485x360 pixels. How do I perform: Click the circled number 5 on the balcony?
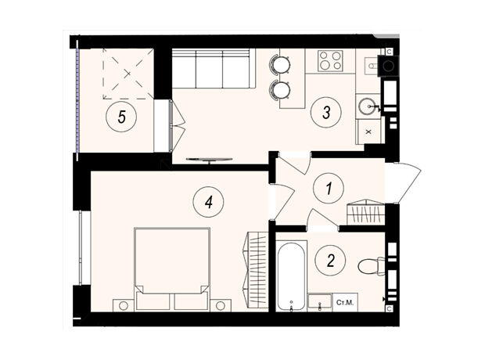tap(121, 117)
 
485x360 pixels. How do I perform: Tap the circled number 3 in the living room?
tap(326, 112)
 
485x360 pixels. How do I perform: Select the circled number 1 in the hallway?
tap(329, 188)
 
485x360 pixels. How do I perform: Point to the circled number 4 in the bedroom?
tap(208, 203)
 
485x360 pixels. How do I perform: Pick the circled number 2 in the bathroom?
tap(330, 261)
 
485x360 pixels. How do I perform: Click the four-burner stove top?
tap(331, 60)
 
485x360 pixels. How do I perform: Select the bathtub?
tap(290, 276)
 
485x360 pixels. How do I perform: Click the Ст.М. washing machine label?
tap(345, 302)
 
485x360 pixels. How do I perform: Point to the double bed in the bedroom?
tap(172, 268)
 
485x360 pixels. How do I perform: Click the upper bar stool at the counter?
tap(281, 64)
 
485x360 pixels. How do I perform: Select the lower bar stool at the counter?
tap(281, 90)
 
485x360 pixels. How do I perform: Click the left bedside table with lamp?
tap(124, 305)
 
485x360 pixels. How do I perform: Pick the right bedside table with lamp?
tap(221, 305)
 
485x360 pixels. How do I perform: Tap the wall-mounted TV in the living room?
tap(210, 160)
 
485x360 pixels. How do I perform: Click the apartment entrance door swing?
tap(403, 183)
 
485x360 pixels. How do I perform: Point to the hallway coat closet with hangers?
tap(365, 212)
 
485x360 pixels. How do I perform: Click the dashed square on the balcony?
tap(128, 74)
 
